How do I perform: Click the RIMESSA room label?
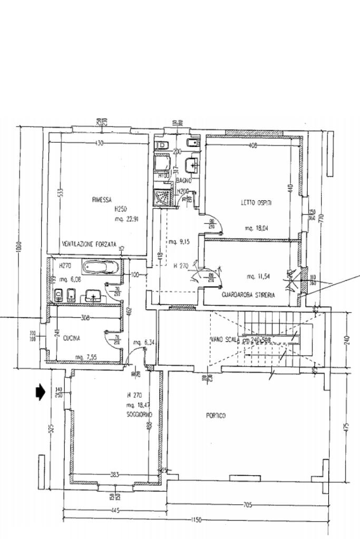click(x=102, y=200)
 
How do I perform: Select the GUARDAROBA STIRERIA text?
click(x=248, y=296)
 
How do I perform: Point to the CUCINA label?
click(x=71, y=338)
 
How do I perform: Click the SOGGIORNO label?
click(x=139, y=415)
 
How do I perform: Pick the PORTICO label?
click(x=216, y=416)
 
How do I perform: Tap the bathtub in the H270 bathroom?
click(x=101, y=267)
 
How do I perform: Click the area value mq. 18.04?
click(x=257, y=229)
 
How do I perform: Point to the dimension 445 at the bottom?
click(x=115, y=510)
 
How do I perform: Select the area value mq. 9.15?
click(x=179, y=242)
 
